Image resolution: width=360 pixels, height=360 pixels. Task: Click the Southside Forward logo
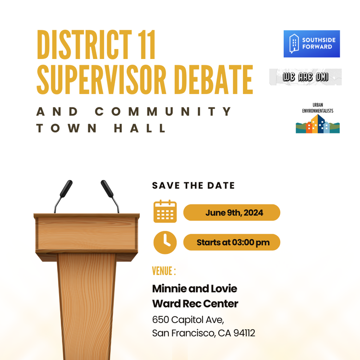pos(312,44)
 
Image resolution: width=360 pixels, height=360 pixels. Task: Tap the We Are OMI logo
pos(305,77)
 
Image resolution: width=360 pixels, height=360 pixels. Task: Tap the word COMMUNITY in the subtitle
pos(164,112)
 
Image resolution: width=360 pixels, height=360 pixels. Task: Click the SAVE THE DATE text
pos(193,186)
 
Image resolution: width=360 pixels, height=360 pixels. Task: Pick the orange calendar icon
pos(165,212)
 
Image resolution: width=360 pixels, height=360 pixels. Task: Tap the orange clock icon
pos(165,242)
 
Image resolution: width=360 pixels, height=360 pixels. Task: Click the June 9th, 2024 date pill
pos(232,213)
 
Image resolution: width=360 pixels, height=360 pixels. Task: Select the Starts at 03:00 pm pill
pos(232,242)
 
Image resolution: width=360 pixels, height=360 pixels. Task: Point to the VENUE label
pos(164,271)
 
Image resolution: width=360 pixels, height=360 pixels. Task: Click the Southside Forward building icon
pos(294,44)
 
